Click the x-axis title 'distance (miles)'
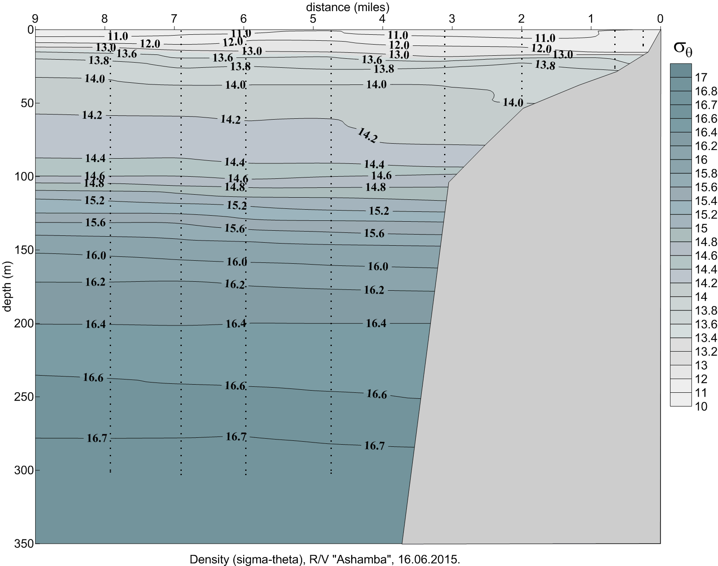point(347,7)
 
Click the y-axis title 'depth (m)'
point(7,286)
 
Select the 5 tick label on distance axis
point(313,19)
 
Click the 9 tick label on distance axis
point(35,19)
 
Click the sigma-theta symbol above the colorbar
point(682,48)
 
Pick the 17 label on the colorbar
point(701,77)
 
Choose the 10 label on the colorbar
point(701,406)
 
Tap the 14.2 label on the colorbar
point(706,283)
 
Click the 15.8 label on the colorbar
point(706,173)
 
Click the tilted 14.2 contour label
point(367,135)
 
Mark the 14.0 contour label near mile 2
point(513,102)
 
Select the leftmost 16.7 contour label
point(97,438)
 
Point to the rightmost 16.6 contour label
point(376,394)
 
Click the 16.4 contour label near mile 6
point(236,324)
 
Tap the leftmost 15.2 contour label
point(95,200)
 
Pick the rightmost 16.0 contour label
point(378,267)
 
